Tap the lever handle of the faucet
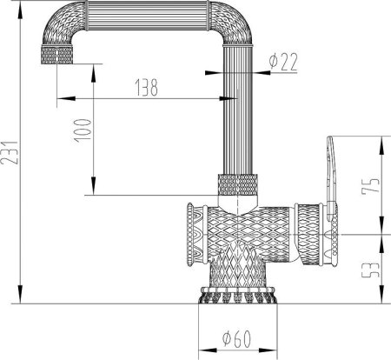tap(330, 174)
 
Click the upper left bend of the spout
tap(61, 26)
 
